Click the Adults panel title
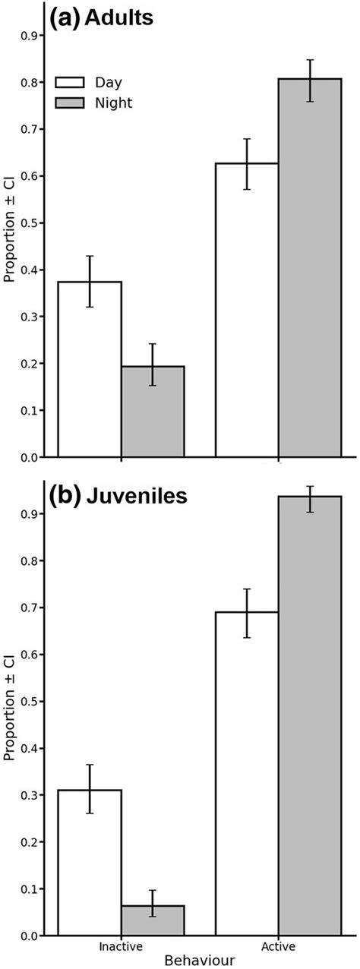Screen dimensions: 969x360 coord(101,18)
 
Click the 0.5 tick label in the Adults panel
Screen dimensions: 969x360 coord(29,223)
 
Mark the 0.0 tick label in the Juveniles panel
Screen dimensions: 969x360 coord(29,936)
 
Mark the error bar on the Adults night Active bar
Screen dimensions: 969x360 coord(310,80)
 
